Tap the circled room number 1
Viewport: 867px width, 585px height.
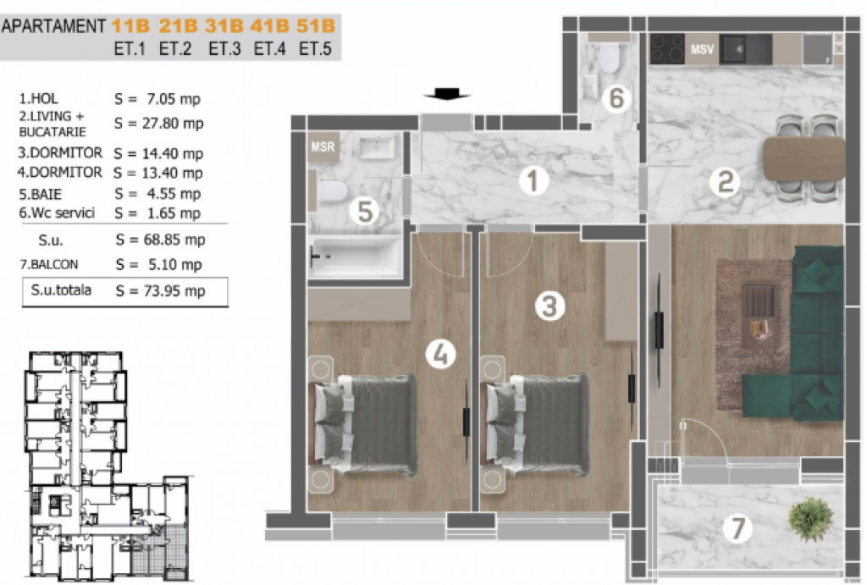(533, 181)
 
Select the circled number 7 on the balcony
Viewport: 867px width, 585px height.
(738, 528)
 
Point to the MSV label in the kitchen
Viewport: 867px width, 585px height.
(702, 50)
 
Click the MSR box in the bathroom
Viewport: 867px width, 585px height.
(323, 147)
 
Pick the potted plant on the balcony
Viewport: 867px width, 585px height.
(811, 518)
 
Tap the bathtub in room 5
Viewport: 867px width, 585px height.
(355, 257)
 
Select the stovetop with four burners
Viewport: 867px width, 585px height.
(667, 48)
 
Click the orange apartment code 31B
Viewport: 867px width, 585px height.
(224, 26)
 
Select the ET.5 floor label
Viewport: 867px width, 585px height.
(315, 48)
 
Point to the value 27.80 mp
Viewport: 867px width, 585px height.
(173, 124)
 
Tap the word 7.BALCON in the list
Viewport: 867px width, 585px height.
(49, 264)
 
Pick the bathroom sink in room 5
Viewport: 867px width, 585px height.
(377, 147)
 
